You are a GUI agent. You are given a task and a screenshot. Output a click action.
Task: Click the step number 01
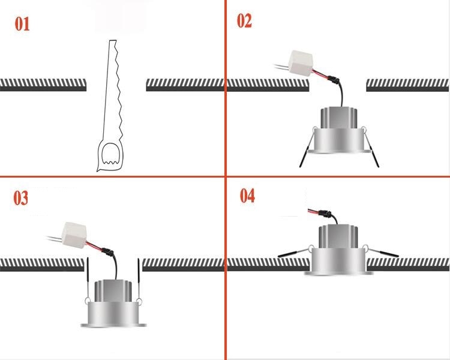pyautogui.click(x=22, y=25)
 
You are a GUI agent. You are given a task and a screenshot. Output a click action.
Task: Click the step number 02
pyautogui.click(x=244, y=21)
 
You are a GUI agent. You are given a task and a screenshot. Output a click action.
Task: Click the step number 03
pyautogui.click(x=21, y=198)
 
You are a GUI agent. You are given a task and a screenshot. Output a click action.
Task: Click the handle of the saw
pyautogui.click(x=109, y=157)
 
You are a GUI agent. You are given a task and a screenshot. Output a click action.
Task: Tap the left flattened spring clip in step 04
pyautogui.click(x=294, y=253)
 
